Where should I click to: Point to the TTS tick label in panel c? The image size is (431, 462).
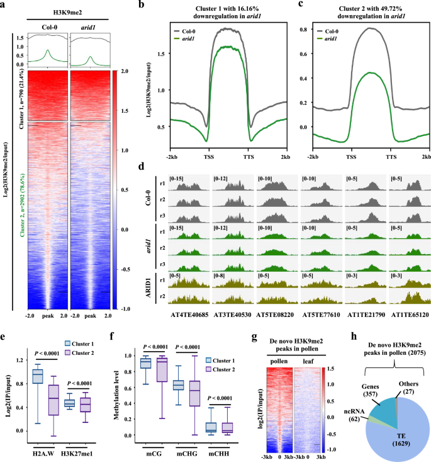coord(391,156)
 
